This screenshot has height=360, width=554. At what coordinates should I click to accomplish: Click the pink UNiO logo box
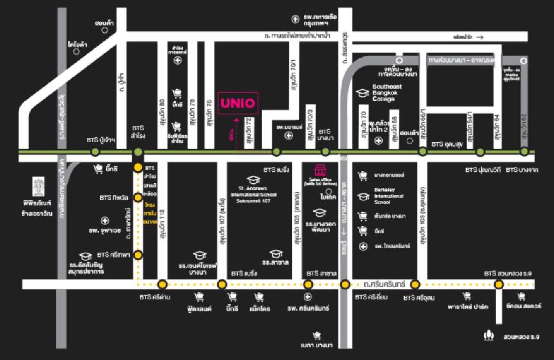pyautogui.click(x=237, y=101)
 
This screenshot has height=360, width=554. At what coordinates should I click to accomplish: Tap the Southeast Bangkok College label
pyautogui.click(x=387, y=93)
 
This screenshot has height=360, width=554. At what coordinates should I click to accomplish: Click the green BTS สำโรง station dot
pyautogui.click(x=138, y=152)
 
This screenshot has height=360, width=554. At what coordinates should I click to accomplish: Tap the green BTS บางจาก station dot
pyautogui.click(x=524, y=151)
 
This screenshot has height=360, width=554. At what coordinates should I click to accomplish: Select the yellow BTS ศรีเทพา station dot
pyautogui.click(x=138, y=254)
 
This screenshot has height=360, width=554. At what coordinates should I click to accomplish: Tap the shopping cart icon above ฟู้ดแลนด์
pyautogui.click(x=199, y=297)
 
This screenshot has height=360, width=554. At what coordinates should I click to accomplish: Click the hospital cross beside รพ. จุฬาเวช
pyautogui.click(x=105, y=221)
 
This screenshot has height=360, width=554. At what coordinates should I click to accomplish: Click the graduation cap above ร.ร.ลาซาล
pyautogui.click(x=276, y=253)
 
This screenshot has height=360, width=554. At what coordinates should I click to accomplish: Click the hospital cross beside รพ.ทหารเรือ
pyautogui.click(x=295, y=19)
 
